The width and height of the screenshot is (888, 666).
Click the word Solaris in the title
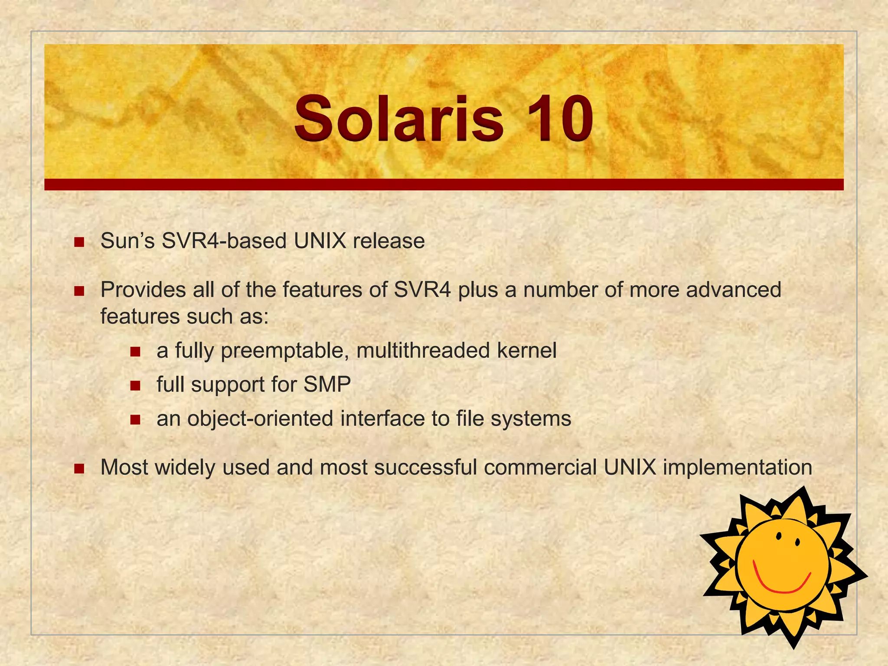(x=399, y=119)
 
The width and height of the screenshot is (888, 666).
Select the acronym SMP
(x=327, y=384)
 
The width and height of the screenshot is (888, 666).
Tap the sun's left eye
(x=779, y=536)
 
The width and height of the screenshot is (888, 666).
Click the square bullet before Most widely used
(x=79, y=468)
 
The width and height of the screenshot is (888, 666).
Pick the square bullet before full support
(x=135, y=385)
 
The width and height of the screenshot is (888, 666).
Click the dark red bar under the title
(x=444, y=184)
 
